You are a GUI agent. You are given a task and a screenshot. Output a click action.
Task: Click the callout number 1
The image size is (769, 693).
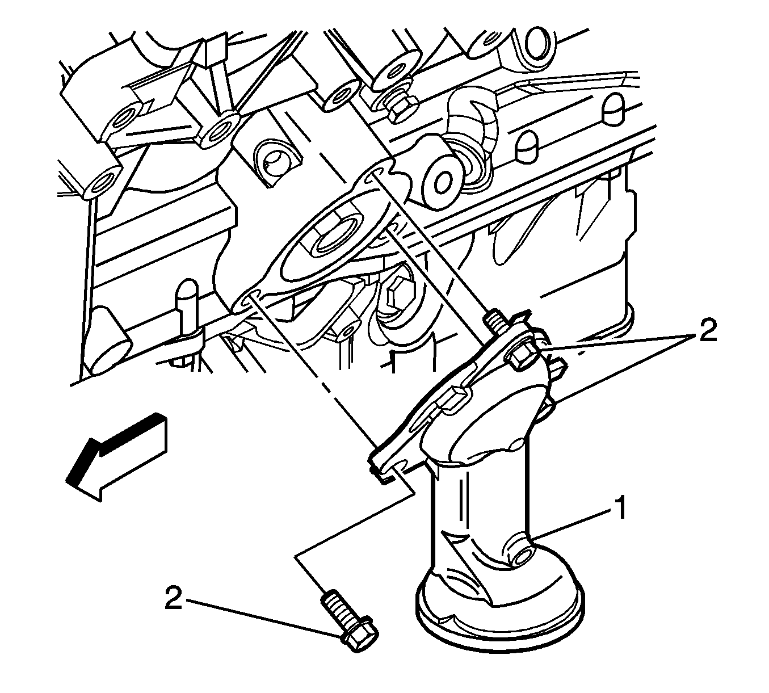(619, 507)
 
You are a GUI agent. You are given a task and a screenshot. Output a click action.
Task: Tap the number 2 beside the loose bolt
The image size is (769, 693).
(173, 597)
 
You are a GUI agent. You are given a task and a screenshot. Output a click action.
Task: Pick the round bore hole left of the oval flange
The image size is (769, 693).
(274, 159)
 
